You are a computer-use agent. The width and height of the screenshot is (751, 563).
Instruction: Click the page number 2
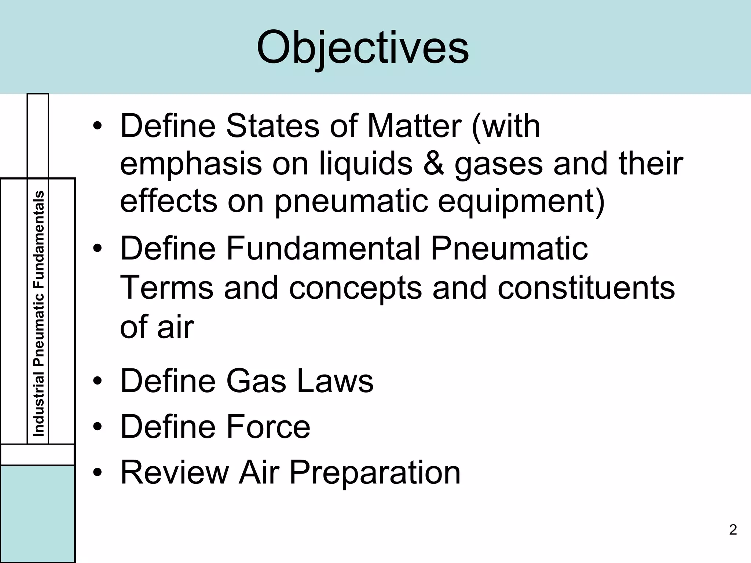(733, 530)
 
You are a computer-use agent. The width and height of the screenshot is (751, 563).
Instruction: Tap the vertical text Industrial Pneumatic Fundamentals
(39, 314)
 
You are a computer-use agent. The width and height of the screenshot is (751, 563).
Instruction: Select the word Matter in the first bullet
(414, 126)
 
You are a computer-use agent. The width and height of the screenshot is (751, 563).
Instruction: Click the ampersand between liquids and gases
(433, 163)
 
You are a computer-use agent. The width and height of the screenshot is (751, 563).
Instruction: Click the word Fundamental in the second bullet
(323, 249)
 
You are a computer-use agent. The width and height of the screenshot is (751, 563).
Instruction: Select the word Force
(268, 427)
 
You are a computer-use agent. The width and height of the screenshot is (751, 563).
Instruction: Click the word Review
(174, 473)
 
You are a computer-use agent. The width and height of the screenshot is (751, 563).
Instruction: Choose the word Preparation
(374, 473)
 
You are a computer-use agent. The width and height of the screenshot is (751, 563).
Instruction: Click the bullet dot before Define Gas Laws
(97, 382)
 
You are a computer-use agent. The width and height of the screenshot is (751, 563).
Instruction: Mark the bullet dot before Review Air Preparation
(97, 473)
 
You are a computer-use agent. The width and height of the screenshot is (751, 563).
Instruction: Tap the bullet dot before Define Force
(97, 427)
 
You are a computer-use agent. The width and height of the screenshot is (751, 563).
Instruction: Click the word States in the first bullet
(272, 126)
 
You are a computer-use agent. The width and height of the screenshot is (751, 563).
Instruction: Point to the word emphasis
(191, 164)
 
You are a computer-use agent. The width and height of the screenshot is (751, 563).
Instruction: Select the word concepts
(355, 287)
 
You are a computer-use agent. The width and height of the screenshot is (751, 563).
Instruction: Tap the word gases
(498, 164)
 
